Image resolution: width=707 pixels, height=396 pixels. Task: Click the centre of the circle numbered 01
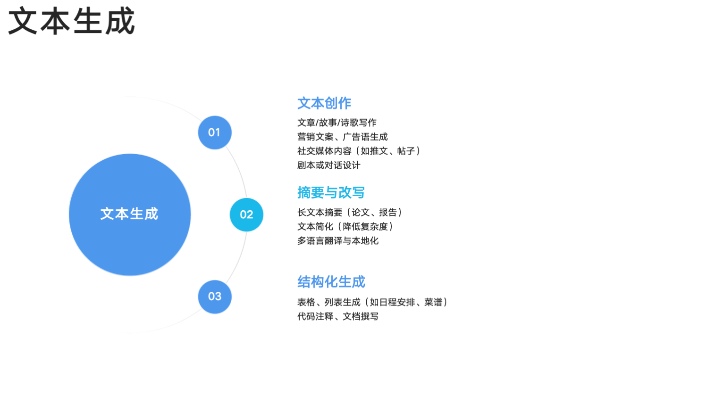click(215, 132)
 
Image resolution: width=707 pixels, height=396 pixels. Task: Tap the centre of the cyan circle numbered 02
click(246, 214)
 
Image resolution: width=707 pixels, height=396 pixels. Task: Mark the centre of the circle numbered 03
click(215, 297)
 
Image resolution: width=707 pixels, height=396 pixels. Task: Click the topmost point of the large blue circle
click(130, 154)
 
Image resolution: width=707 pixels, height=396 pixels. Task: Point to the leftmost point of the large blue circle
click(69, 214)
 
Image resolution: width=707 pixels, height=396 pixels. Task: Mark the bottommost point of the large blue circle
click(130, 276)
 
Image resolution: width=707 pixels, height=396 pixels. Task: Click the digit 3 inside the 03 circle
click(219, 297)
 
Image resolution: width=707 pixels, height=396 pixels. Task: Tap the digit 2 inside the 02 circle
click(250, 214)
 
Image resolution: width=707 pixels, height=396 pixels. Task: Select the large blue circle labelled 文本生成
click(130, 214)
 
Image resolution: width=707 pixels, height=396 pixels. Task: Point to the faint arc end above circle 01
click(126, 97)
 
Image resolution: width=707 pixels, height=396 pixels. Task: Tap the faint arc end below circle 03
click(126, 333)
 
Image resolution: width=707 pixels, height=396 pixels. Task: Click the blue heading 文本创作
click(324, 103)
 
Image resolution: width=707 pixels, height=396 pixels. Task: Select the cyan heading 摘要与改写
click(331, 192)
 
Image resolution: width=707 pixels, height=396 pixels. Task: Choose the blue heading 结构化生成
click(331, 281)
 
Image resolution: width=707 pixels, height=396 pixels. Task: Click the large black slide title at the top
click(72, 21)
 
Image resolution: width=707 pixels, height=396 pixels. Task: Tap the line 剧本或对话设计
click(328, 165)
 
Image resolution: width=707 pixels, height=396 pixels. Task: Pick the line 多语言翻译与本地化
click(338, 241)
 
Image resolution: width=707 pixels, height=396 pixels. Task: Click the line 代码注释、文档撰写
click(338, 316)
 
